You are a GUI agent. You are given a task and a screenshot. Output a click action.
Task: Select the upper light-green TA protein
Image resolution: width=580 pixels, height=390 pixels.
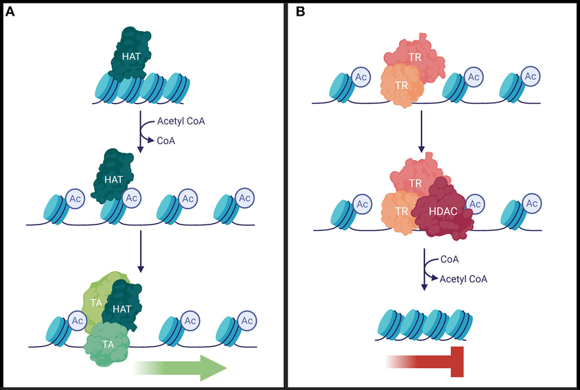93,297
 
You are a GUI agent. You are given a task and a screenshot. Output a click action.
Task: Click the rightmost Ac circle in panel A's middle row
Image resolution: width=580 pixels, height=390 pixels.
245,199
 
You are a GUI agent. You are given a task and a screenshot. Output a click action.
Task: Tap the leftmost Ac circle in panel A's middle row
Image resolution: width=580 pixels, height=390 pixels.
75,199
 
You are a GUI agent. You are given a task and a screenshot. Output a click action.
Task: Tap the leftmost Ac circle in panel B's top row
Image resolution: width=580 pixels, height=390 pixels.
362,77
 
